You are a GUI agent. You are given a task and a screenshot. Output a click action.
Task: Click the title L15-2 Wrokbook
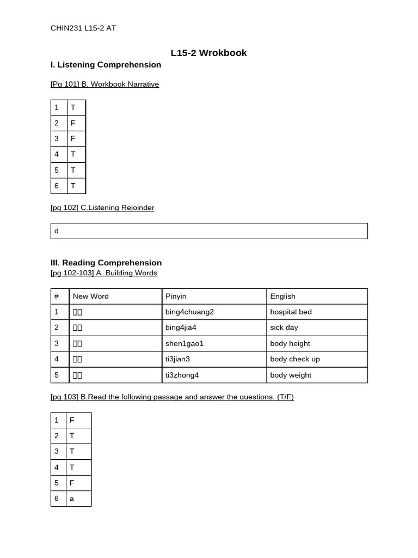[208, 53]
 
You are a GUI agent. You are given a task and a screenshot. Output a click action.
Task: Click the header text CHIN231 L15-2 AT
[83, 28]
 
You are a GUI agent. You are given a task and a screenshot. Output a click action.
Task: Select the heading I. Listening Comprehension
[106, 65]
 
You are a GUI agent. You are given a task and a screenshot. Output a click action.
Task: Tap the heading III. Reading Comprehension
[106, 263]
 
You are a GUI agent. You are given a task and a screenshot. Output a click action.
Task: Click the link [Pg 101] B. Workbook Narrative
[104, 84]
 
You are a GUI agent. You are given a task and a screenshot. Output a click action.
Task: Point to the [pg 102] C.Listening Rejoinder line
[102, 208]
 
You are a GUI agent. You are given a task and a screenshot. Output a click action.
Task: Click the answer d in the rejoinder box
[57, 231]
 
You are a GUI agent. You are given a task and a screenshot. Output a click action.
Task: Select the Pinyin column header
[176, 296]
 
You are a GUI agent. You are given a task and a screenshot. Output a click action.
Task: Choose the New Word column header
[90, 296]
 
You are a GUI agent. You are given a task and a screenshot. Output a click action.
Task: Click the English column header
[282, 296]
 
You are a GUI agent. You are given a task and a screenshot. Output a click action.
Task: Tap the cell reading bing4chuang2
[189, 312]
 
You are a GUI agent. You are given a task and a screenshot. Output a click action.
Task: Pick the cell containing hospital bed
[291, 312]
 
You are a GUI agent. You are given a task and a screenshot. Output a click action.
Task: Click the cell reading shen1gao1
[184, 344]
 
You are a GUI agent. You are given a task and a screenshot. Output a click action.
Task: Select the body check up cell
[294, 360]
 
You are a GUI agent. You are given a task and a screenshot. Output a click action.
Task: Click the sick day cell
[284, 328]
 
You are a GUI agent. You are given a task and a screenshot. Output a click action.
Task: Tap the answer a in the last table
[72, 499]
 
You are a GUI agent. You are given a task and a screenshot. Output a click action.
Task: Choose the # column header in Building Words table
[57, 296]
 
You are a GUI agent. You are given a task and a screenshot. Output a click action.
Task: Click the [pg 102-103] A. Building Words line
[104, 273]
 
